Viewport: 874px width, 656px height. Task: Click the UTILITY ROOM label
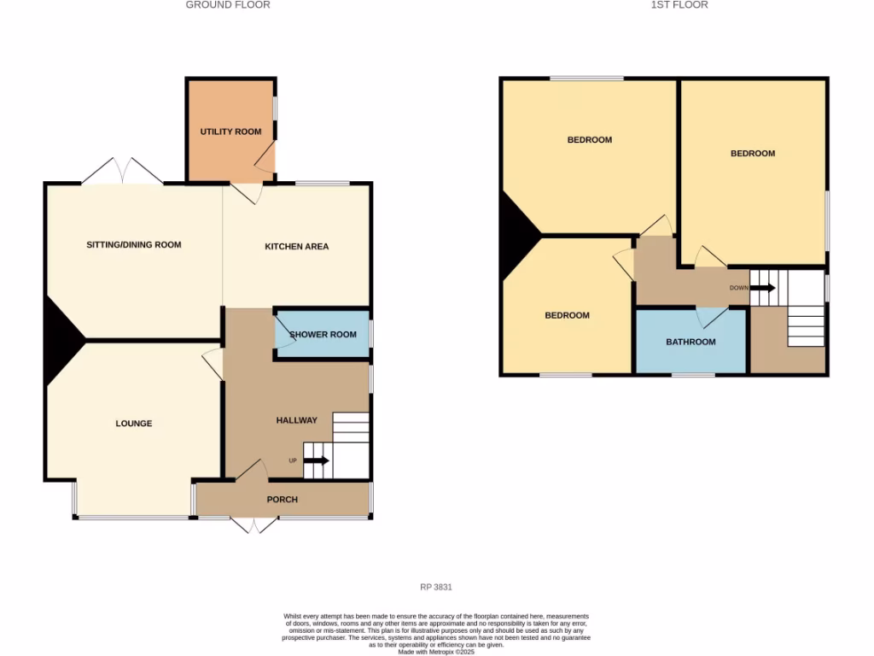point(230,132)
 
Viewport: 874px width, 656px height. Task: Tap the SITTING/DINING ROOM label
point(134,245)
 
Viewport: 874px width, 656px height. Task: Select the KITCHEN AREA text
point(296,247)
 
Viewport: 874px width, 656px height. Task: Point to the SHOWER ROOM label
point(323,335)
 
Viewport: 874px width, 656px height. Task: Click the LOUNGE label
point(134,424)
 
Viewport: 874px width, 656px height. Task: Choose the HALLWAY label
point(296,420)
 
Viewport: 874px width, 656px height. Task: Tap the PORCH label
point(283,500)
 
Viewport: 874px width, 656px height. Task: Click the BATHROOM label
point(690,343)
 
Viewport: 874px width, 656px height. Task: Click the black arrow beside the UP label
point(316,461)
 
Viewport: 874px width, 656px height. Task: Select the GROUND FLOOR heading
point(228,5)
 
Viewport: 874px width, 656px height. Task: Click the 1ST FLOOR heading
point(679,5)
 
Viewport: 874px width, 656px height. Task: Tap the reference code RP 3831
point(436,588)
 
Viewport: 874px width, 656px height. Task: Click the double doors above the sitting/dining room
point(122,172)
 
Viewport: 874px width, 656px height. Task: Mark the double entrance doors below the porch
point(254,525)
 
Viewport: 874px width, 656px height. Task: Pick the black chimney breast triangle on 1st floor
point(517,234)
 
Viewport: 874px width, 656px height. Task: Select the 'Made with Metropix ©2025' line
point(436,652)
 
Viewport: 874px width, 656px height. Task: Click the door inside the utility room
point(266,159)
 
